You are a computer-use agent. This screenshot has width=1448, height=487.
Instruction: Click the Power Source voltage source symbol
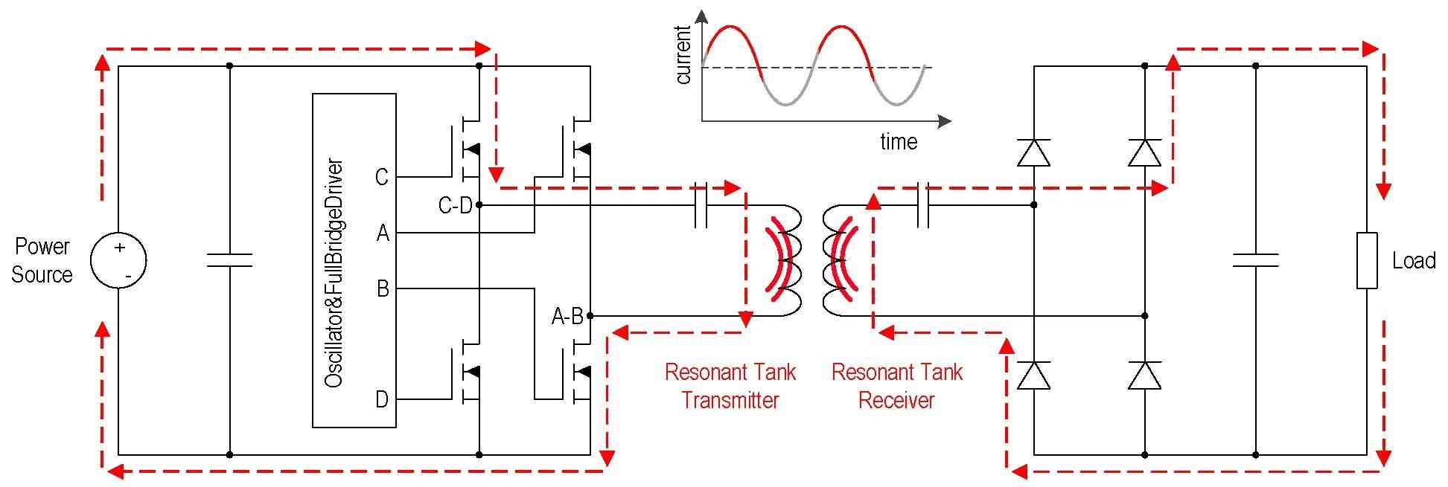(x=118, y=260)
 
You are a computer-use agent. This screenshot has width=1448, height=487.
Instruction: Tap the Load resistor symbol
(x=1367, y=260)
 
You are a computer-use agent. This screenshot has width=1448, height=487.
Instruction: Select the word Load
(x=1414, y=260)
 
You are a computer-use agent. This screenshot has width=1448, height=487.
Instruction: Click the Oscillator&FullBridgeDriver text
(x=334, y=272)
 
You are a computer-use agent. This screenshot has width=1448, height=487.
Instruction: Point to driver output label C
(x=382, y=177)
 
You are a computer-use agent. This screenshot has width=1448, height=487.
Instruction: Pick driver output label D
(x=382, y=400)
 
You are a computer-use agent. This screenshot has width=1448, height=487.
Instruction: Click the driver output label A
(x=383, y=233)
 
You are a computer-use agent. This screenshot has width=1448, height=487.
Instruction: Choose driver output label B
(x=383, y=288)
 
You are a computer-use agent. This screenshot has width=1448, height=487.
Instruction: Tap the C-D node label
(x=456, y=204)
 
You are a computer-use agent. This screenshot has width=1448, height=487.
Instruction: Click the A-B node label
(x=567, y=317)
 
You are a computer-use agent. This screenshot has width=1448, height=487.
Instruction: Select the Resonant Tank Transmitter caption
(x=730, y=386)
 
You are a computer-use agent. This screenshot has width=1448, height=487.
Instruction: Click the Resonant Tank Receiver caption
(x=897, y=386)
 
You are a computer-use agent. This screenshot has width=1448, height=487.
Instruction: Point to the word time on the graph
(x=899, y=141)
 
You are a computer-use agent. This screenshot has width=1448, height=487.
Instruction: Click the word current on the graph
(x=683, y=55)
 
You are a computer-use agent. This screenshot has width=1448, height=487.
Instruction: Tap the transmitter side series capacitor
(x=700, y=204)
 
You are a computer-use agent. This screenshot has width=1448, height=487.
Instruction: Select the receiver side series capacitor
(x=923, y=204)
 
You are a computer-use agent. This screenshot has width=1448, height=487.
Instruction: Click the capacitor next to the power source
(x=229, y=260)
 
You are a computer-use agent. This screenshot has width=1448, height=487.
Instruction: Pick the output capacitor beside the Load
(x=1255, y=260)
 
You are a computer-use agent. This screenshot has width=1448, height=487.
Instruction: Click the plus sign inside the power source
(x=119, y=248)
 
